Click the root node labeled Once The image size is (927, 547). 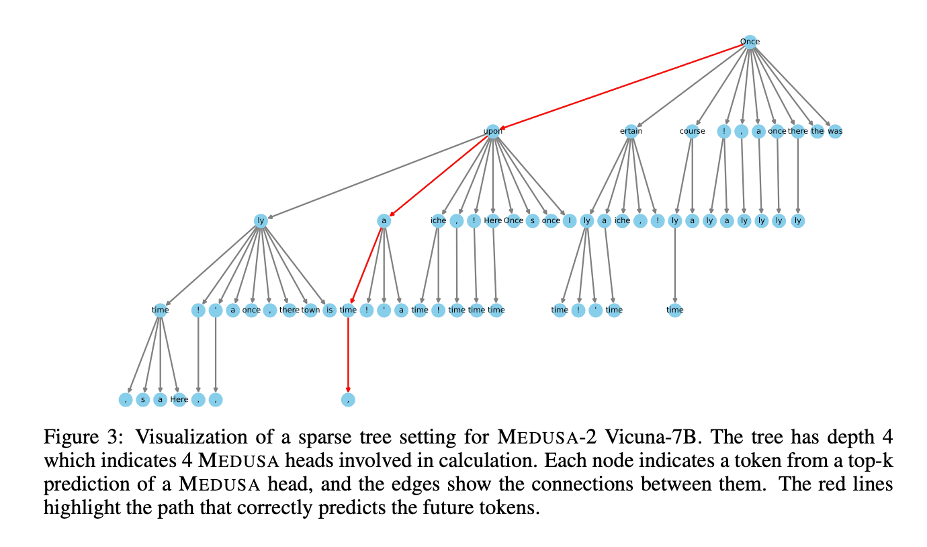750,42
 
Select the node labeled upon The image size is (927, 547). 493,131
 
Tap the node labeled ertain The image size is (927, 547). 631,131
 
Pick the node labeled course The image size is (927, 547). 692,131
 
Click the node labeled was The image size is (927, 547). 835,131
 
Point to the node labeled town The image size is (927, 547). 310,310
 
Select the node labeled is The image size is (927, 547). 329,310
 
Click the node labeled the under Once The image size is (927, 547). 817,131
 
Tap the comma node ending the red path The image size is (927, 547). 348,399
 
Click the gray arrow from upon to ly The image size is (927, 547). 376,176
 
